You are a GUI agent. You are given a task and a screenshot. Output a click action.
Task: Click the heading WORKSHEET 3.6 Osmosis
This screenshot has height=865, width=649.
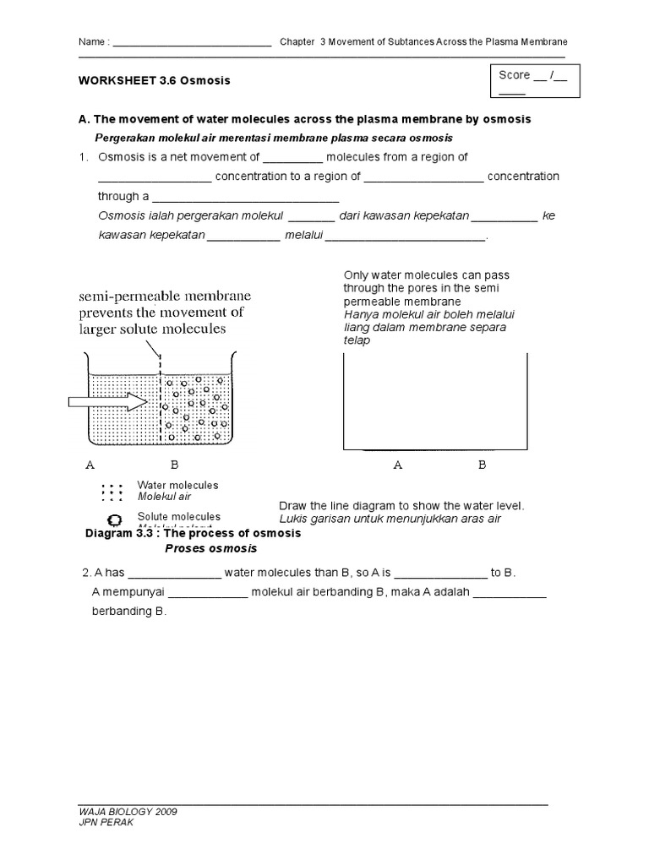pyautogui.click(x=155, y=81)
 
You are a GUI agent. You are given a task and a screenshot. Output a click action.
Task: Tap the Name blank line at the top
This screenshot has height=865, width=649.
pyautogui.click(x=191, y=43)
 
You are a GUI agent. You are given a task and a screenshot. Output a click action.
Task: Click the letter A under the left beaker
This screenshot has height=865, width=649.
pyautogui.click(x=90, y=465)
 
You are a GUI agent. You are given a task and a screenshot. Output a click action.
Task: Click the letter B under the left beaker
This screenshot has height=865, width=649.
pyautogui.click(x=175, y=465)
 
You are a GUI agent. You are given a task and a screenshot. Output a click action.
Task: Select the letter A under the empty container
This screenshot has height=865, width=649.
pyautogui.click(x=397, y=465)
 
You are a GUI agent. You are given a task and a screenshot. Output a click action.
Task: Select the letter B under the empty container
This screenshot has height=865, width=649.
pyautogui.click(x=483, y=465)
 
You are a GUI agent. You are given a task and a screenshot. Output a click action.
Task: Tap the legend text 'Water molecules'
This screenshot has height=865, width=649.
pyautogui.click(x=177, y=486)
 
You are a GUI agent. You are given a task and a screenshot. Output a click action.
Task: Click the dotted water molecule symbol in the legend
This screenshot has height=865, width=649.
pyautogui.click(x=111, y=492)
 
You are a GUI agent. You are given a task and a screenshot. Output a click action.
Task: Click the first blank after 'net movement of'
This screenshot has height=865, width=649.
pyautogui.click(x=292, y=159)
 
